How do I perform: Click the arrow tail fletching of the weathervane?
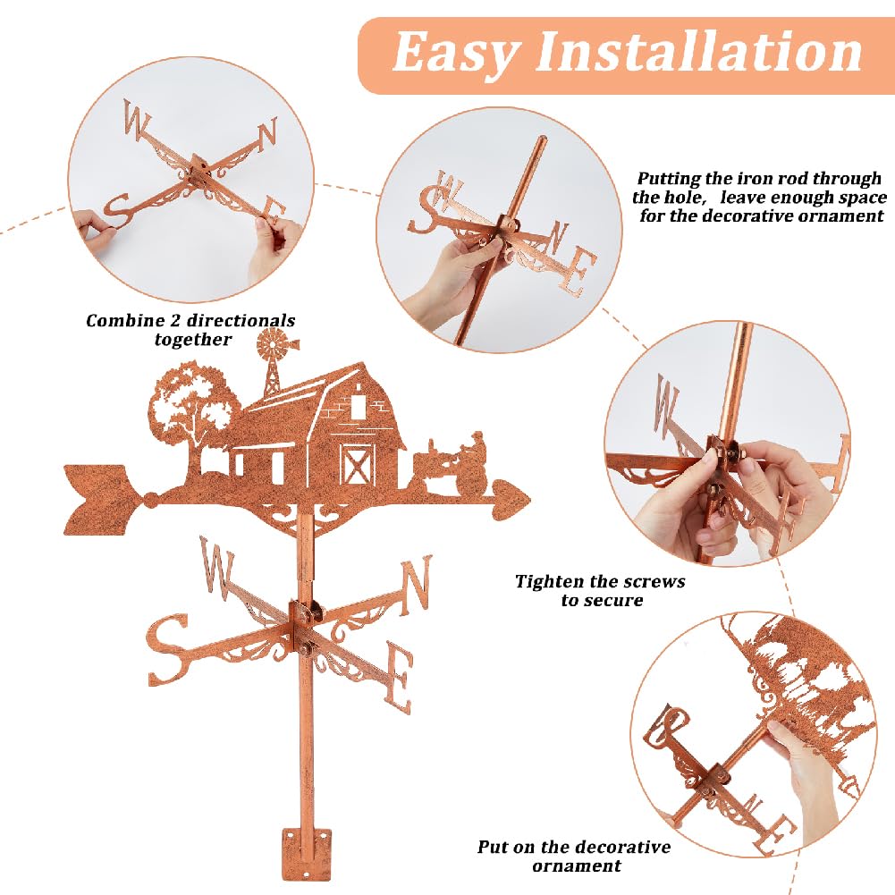[102, 500]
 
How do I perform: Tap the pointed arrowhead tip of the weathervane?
[528, 500]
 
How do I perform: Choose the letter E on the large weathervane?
[399, 676]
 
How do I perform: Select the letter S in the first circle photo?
[119, 211]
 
